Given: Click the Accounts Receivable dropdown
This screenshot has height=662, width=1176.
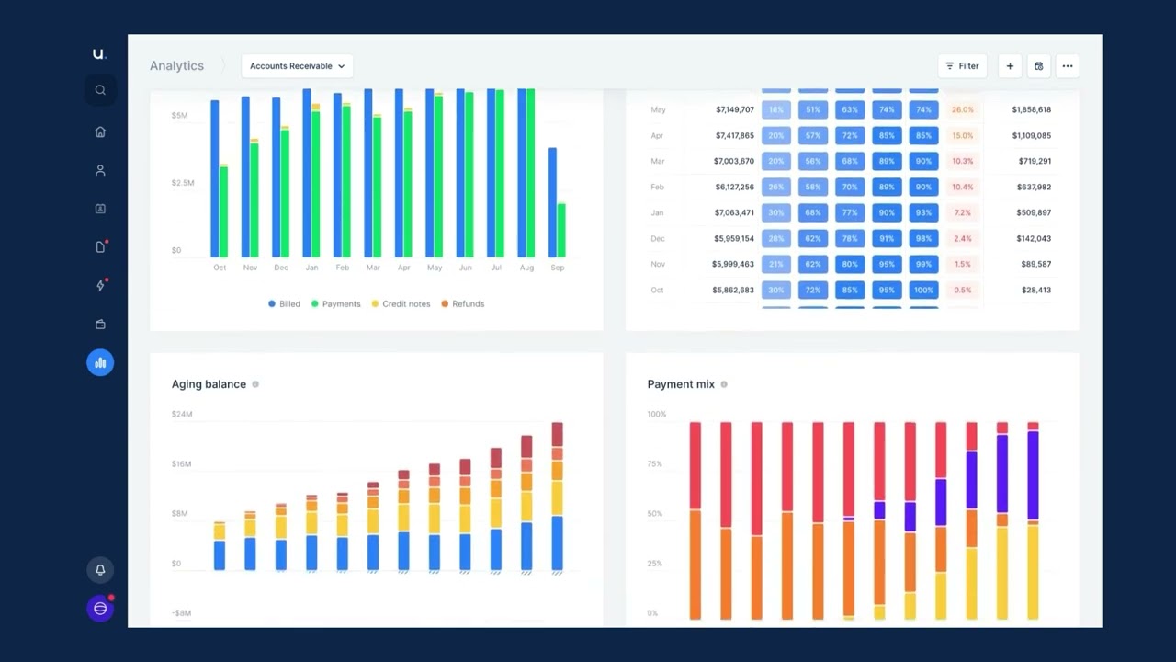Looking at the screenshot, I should pos(297,66).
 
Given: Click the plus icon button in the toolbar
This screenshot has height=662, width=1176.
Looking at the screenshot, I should pos(1010,66).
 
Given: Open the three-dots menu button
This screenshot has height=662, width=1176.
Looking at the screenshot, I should pos(1067,66).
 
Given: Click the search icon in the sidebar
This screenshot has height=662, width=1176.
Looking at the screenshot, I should pos(100,90).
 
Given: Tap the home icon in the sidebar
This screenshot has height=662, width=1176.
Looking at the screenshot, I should pos(100,131).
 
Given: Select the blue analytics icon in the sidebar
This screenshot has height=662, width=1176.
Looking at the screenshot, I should pos(100,362).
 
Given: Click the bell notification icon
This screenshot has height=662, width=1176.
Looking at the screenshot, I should pos(100,570).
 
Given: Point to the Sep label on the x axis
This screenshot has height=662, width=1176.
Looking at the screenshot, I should pos(558,268).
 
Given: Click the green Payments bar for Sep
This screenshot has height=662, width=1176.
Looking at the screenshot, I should pos(561,230).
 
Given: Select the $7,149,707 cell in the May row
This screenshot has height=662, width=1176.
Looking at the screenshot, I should pos(734,109).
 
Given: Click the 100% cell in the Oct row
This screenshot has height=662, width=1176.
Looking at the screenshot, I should pos(923,290).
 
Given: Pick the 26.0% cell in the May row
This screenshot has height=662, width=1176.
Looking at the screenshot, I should pos(962,109).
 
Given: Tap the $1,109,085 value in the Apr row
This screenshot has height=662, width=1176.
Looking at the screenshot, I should pos(1031,135).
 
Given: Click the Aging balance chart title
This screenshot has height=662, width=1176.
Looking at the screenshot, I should pos(209,384).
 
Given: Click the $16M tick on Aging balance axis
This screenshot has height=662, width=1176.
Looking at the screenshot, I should pos(182,464).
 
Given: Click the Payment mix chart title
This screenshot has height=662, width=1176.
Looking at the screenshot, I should pos(680,384).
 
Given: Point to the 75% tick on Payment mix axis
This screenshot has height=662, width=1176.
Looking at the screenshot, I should pos(654,464).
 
